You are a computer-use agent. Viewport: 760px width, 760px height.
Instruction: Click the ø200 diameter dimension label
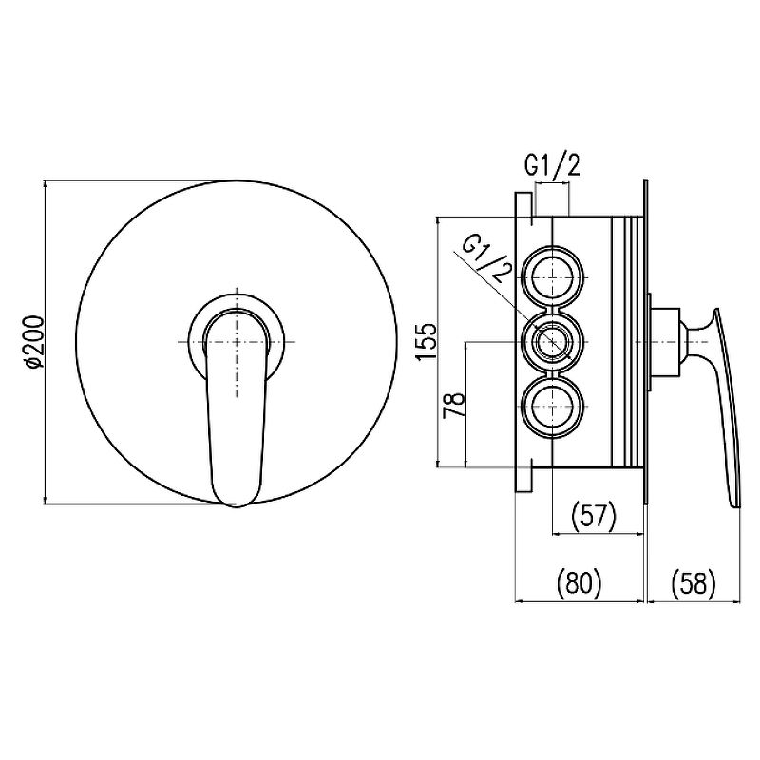pyautogui.click(x=35, y=342)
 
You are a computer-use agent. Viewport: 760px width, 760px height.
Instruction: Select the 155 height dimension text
pyautogui.click(x=426, y=342)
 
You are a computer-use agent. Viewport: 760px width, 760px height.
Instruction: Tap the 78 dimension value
pyautogui.click(x=455, y=406)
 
